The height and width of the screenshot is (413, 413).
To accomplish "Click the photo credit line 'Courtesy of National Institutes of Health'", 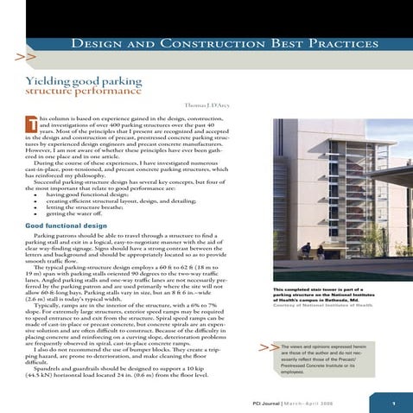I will [321, 305].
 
